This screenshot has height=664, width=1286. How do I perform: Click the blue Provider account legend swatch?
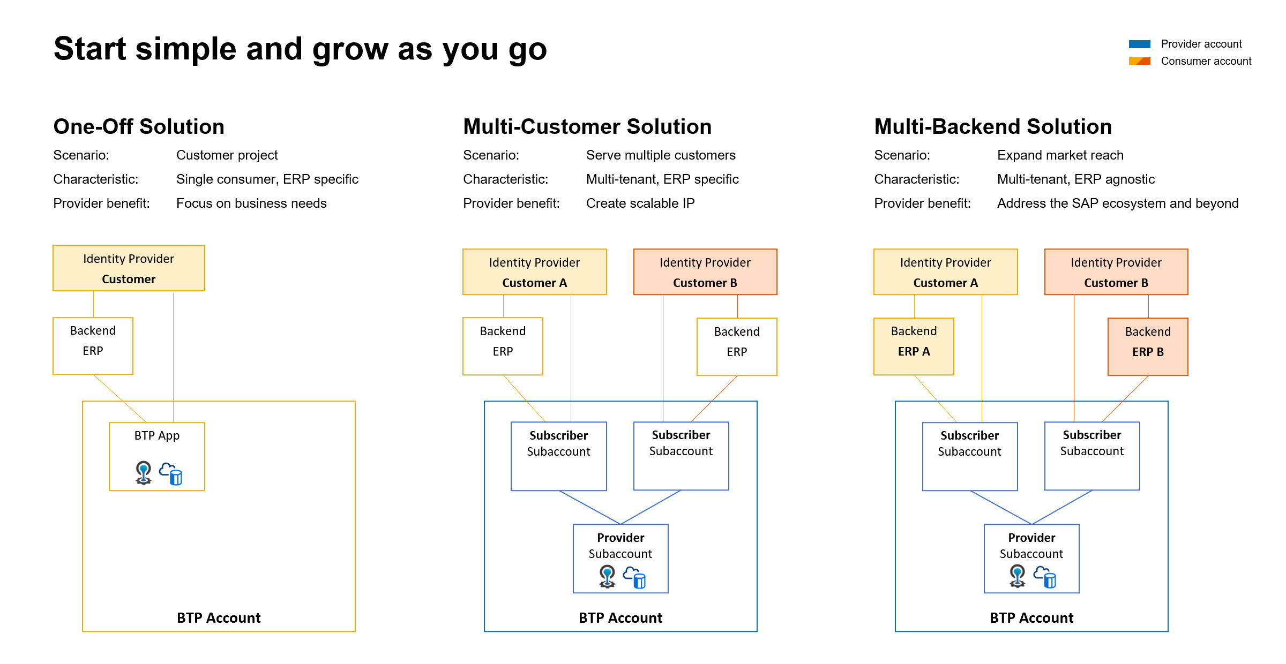pos(1139,44)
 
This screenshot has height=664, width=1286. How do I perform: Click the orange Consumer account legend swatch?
pos(1139,61)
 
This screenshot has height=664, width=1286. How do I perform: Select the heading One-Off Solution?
pos(139,126)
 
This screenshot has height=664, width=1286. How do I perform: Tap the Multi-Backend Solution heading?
pos(993,126)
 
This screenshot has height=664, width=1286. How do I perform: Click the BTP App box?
pos(156,456)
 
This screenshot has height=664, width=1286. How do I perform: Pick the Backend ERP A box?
pos(914,346)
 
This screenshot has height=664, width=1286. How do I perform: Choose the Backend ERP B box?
pos(1148,346)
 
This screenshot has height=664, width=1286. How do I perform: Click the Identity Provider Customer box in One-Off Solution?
pos(129,268)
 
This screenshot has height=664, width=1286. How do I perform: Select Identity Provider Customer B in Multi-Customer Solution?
pos(705,271)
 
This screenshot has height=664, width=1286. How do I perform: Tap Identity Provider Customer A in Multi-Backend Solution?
pos(945,271)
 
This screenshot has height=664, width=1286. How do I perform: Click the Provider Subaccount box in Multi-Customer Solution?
pos(620,558)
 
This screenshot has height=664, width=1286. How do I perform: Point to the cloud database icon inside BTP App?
pos(171,474)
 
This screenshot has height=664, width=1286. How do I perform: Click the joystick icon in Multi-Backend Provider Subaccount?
pos(1017,576)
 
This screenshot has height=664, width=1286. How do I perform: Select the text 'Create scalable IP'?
pos(640,203)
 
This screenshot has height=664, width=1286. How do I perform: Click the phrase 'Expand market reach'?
pos(1060,155)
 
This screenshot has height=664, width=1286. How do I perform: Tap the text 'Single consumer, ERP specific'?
pos(267,179)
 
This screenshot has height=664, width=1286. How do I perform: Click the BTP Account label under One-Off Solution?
pos(219,618)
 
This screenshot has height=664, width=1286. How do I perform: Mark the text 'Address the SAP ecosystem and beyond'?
pos(1118,203)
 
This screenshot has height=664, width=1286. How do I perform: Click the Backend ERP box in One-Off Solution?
pos(93,346)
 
